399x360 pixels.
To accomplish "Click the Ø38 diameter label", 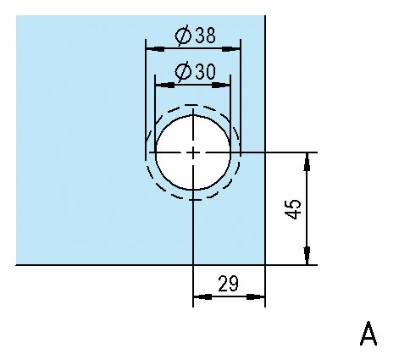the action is [195, 35].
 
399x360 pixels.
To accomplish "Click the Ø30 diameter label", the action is [195, 71].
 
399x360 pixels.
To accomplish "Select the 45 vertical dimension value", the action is [292, 209].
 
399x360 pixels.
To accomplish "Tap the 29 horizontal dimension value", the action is [228, 284].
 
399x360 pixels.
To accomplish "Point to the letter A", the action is [369, 334].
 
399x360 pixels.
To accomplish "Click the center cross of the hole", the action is [193, 152].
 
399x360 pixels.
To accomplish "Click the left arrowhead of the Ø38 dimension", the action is [155, 49].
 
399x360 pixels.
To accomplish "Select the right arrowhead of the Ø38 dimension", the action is [231, 49].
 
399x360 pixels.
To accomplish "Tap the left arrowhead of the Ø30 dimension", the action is [164, 85].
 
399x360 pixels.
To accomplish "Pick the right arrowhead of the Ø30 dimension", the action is [221, 85].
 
